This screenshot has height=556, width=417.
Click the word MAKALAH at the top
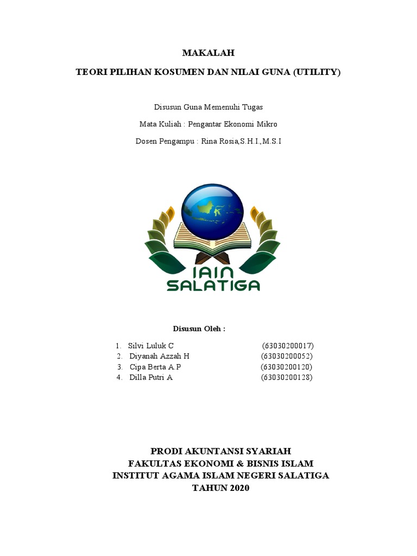pyautogui.click(x=208, y=53)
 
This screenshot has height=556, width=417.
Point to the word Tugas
pyautogui.click(x=252, y=107)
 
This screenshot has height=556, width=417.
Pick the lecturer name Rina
pyautogui.click(x=210, y=141)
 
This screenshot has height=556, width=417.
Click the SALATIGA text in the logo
pyautogui.click(x=213, y=286)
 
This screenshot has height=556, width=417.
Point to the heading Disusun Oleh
pyautogui.click(x=199, y=328)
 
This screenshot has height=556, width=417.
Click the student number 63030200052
pyautogui.click(x=287, y=356)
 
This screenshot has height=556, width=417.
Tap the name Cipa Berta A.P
pyautogui.click(x=155, y=367)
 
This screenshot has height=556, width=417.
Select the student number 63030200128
pyautogui.click(x=287, y=377)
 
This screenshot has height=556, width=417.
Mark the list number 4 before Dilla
pyautogui.click(x=118, y=377)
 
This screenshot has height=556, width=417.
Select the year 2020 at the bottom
pyautogui.click(x=238, y=488)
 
